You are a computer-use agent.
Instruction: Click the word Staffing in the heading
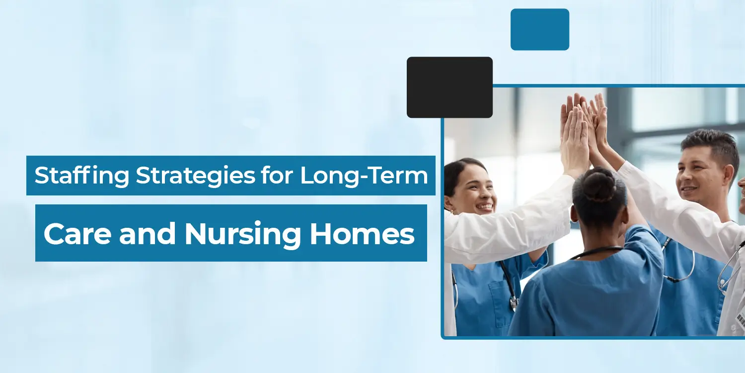[x=82, y=175]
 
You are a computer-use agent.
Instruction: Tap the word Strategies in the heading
[x=196, y=175]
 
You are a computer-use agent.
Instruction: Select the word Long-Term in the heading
[x=364, y=175]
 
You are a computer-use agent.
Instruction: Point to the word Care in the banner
[x=77, y=234]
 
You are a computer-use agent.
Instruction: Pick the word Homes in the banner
[x=362, y=233]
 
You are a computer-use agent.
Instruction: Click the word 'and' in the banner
[x=148, y=233]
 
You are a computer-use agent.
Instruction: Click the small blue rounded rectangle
[x=540, y=29]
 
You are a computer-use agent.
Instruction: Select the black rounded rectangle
[x=449, y=87]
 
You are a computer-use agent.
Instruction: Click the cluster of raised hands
[x=586, y=133]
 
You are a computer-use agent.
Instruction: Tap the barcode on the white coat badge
[x=741, y=320]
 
